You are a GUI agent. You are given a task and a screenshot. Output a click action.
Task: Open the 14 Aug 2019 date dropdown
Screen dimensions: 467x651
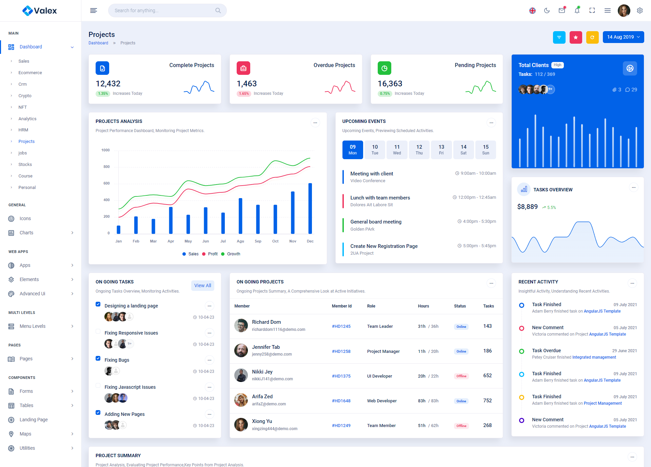pyautogui.click(x=623, y=37)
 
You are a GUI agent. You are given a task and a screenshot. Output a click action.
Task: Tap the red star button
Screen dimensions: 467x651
pyautogui.click(x=576, y=37)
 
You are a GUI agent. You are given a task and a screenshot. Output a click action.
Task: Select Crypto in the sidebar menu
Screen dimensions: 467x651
pyautogui.click(x=25, y=96)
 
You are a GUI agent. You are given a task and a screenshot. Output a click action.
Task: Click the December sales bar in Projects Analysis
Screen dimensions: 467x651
pyautogui.click(x=310, y=208)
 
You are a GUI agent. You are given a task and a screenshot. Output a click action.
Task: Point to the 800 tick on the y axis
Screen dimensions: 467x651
pyautogui.click(x=106, y=167)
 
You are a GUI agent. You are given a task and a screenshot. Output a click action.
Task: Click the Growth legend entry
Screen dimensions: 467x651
pyautogui.click(x=233, y=254)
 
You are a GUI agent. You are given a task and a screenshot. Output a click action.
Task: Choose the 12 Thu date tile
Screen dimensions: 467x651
pyautogui.click(x=419, y=150)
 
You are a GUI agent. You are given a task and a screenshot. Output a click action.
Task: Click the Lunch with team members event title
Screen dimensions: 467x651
pyautogui.click(x=380, y=198)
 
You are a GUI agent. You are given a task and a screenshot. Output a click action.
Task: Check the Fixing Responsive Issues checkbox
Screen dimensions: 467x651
pyautogui.click(x=98, y=331)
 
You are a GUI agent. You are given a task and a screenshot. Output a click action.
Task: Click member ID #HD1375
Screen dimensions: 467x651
pyautogui.click(x=341, y=376)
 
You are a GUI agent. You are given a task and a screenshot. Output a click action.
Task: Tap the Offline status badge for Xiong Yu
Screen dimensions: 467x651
pyautogui.click(x=461, y=426)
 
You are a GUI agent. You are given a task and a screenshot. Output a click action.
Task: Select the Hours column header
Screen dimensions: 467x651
pyautogui.click(x=423, y=306)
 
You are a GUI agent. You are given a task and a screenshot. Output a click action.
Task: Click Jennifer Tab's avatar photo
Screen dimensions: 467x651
pyautogui.click(x=241, y=351)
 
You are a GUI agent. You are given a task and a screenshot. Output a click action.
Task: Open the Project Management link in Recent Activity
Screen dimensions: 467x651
pyautogui.click(x=603, y=403)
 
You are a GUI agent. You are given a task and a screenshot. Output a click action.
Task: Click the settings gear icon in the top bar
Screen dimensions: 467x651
pyautogui.click(x=640, y=10)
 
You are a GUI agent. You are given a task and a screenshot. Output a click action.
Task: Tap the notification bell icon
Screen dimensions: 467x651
pyautogui.click(x=577, y=10)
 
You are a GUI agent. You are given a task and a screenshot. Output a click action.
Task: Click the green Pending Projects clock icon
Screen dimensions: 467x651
pyautogui.click(x=384, y=68)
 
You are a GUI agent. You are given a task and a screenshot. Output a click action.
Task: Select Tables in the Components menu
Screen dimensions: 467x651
pyautogui.click(x=26, y=405)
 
